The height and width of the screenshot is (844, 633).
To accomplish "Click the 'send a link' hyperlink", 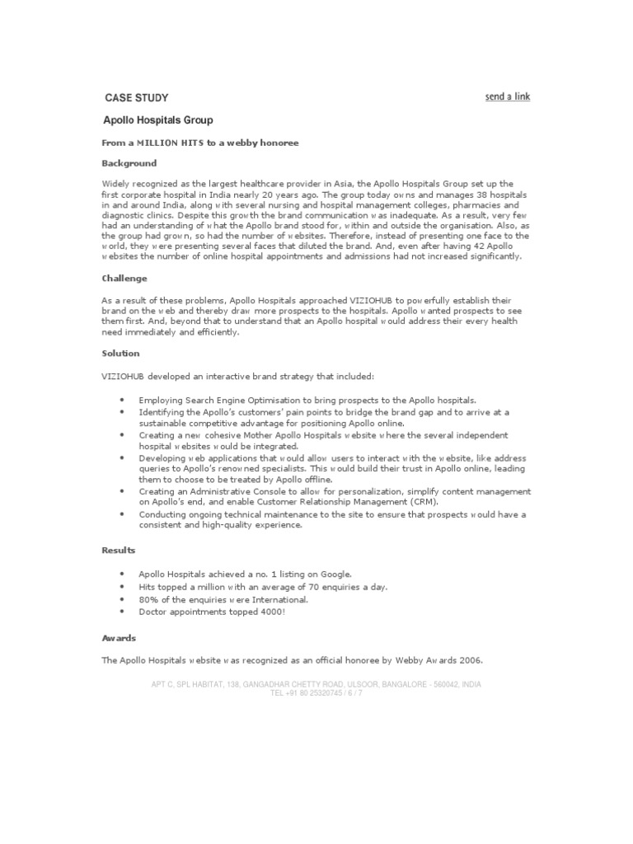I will [508, 96].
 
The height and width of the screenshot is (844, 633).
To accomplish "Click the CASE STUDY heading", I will [130, 97].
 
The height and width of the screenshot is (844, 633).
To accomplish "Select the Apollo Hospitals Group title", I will [157, 120].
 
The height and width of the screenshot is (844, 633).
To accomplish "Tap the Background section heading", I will [129, 163].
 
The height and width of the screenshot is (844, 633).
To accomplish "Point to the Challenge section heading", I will [124, 279].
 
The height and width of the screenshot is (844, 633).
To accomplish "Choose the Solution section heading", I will [121, 353].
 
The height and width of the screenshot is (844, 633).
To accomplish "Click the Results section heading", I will [119, 549].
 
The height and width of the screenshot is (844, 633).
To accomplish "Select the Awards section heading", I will [120, 638].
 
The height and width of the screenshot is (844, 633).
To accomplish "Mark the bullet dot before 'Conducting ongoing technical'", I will [122, 514].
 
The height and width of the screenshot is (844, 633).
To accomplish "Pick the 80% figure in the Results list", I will [149, 599].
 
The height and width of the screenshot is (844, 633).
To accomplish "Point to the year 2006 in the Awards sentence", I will [471, 661].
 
